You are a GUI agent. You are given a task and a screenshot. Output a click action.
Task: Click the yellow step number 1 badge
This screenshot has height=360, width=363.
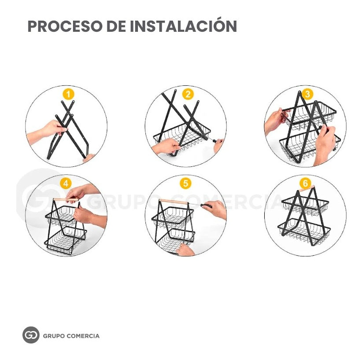click(68, 94)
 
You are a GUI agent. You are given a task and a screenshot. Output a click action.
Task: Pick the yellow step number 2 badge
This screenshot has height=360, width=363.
click(188, 94)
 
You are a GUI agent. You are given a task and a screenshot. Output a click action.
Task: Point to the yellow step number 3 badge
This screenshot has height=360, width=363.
click(307, 94)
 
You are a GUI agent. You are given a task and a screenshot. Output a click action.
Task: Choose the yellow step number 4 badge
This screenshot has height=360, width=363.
click(66, 184)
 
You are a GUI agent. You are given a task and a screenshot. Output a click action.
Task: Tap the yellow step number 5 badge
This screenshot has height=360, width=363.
click(185, 184)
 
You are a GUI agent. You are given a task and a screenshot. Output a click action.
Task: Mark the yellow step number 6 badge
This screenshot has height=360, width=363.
click(305, 184)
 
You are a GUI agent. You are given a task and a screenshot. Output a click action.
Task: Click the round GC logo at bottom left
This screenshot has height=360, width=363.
click(31, 335)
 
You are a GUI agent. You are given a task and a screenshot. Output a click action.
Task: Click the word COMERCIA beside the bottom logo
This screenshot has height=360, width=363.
click(82, 336)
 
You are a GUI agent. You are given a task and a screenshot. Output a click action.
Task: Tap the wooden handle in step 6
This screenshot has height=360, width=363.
click(307, 188)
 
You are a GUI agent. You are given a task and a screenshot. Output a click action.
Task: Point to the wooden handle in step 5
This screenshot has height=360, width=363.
click(174, 202)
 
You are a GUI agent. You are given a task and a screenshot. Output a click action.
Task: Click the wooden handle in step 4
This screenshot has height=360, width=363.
click(66, 199)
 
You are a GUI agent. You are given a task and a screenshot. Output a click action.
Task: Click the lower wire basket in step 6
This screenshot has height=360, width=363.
click(304, 231)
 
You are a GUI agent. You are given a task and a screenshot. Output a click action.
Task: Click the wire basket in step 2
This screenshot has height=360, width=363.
click(182, 137)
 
